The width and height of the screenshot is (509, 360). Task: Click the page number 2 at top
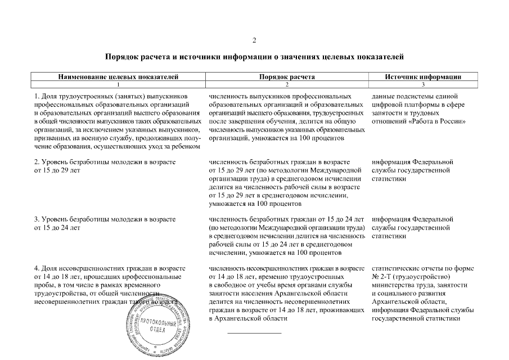pos(254,40)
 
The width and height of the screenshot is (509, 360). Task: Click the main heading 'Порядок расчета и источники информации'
pos(254,57)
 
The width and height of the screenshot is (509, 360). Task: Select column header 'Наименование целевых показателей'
pos(118,76)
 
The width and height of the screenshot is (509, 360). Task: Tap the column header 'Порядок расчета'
pos(286,76)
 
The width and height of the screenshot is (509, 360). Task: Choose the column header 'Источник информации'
pos(423,76)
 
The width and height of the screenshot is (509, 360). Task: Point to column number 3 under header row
pos(423,83)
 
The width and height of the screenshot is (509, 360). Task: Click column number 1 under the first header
pos(118,83)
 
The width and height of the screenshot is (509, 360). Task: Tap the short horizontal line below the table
pos(254,333)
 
